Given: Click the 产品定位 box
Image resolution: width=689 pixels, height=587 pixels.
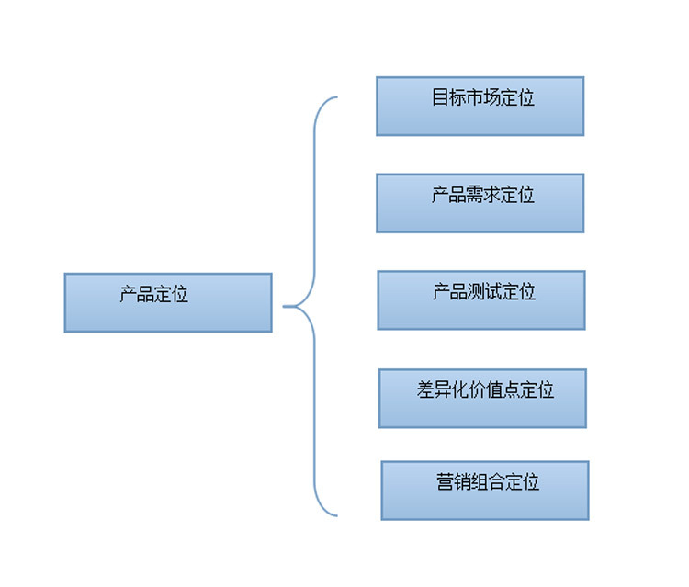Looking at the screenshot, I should (x=168, y=302).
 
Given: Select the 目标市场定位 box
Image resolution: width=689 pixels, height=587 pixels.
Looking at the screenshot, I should (x=480, y=106).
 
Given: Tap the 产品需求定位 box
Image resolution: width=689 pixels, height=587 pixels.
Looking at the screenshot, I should (x=480, y=203).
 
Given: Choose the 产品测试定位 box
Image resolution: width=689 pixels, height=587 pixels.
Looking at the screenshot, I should (x=480, y=299).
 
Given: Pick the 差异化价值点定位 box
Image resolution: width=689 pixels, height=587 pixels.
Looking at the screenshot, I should (x=482, y=398).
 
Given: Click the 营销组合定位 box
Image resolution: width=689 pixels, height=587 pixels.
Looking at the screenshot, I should (x=484, y=490).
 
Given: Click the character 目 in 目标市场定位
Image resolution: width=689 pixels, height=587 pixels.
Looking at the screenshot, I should (x=440, y=98).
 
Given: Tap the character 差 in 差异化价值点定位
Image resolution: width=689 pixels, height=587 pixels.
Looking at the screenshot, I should (x=425, y=389).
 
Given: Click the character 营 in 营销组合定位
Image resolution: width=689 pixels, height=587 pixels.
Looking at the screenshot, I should (x=445, y=481).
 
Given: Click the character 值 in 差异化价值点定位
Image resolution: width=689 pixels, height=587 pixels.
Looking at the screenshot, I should (x=494, y=389).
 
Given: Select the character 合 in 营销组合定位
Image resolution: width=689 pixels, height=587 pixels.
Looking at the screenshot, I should (x=496, y=481).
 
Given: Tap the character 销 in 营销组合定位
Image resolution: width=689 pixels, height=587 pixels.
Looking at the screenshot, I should (x=462, y=481).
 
